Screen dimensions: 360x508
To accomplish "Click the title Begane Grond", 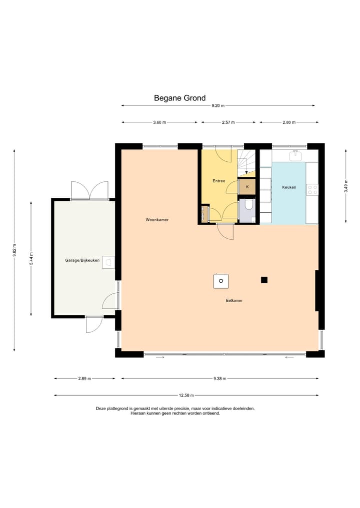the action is [x=179, y=98].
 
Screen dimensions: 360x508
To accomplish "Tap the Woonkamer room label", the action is [x=157, y=220].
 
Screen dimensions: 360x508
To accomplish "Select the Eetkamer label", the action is [x=234, y=300].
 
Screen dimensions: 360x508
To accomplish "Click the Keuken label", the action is [x=289, y=187].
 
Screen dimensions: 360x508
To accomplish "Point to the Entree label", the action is [x=218, y=181].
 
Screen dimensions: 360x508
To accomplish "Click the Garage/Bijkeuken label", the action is [x=82, y=260].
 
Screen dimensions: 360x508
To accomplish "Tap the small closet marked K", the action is [x=247, y=187].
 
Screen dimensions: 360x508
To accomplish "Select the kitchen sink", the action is [x=295, y=156].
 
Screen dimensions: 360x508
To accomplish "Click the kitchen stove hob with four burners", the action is [x=312, y=190].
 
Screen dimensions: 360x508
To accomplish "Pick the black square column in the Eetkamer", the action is [x=264, y=280].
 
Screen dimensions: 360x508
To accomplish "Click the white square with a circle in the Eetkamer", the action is [x=221, y=281].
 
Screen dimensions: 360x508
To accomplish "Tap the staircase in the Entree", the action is [x=246, y=163].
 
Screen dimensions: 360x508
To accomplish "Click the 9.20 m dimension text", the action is [x=218, y=105].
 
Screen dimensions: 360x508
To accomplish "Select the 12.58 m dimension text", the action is [x=186, y=395].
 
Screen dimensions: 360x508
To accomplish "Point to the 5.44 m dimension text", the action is [x=31, y=259].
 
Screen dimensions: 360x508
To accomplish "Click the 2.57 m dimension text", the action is [x=228, y=122].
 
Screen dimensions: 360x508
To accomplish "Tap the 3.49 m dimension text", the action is [x=345, y=186].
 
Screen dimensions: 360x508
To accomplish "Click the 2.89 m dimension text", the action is [x=84, y=379].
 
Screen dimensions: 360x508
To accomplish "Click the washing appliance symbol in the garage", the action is [x=108, y=262].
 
